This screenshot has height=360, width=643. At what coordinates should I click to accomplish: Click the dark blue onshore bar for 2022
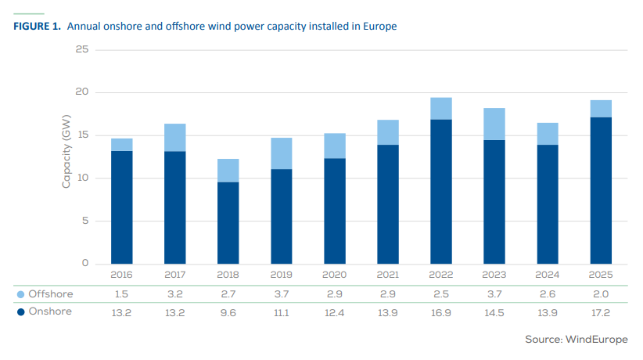[x=440, y=192]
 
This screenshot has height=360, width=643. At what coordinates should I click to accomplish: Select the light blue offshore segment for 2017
[x=174, y=137]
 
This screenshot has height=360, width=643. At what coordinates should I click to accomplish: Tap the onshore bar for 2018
[x=228, y=223]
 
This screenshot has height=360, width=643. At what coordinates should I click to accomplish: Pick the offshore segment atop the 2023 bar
[x=494, y=124]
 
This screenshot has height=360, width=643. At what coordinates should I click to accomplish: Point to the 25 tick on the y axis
[x=81, y=50]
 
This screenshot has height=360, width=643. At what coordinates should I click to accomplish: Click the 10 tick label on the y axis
[x=81, y=178]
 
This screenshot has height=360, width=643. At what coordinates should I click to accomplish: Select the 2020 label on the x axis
[x=334, y=275]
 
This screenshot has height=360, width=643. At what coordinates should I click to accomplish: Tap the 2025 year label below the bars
[x=600, y=275]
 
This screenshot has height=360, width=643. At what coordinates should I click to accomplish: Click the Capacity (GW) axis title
[x=66, y=157]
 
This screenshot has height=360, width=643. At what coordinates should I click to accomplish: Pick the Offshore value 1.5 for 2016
[x=121, y=294]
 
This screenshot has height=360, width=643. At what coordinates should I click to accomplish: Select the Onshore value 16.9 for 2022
[x=440, y=311]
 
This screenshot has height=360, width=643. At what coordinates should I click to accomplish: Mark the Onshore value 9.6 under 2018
[x=228, y=311]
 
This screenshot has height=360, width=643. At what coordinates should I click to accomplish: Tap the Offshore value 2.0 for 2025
[x=600, y=294]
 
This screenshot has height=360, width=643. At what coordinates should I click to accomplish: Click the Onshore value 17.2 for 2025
[x=600, y=311]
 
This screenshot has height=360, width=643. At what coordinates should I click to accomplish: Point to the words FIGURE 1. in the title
[x=38, y=27]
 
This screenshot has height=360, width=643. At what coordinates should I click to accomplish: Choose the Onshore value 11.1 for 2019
[x=281, y=311]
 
